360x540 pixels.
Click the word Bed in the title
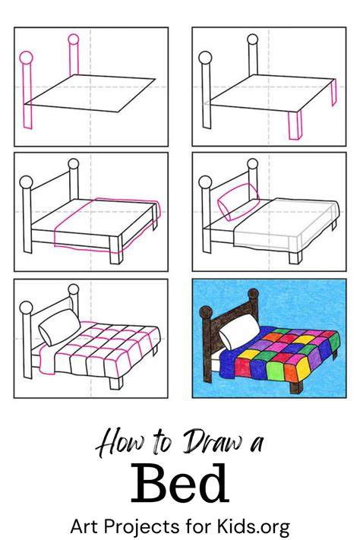coord(180,483)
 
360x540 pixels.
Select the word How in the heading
coord(122,444)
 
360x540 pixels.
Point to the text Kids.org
coord(253,526)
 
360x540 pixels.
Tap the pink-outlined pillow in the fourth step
coord(238,201)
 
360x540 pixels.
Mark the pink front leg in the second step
coord(295,125)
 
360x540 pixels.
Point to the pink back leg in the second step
coord(333,93)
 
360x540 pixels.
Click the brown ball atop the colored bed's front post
coord(206,312)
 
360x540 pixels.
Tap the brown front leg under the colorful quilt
coord(296,387)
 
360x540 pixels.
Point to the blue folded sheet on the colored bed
coord(228,363)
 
